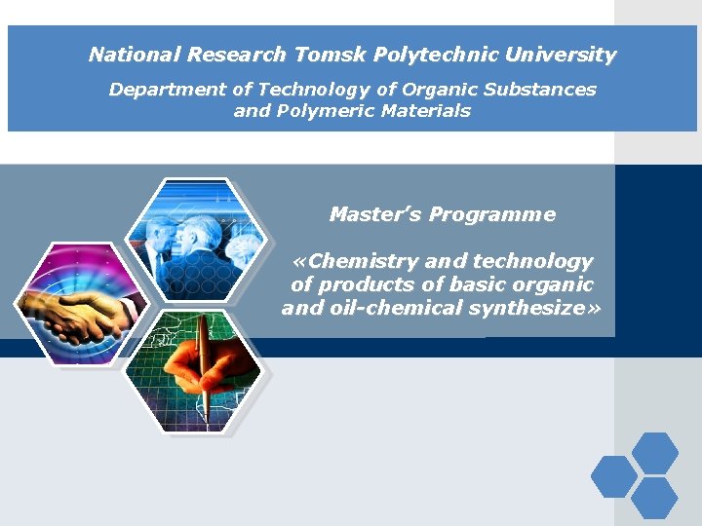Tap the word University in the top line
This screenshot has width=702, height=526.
click(560, 55)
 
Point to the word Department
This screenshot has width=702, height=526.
click(167, 90)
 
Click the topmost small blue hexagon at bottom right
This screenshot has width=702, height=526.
click(654, 453)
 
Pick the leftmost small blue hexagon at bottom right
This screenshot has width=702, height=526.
click(614, 476)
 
